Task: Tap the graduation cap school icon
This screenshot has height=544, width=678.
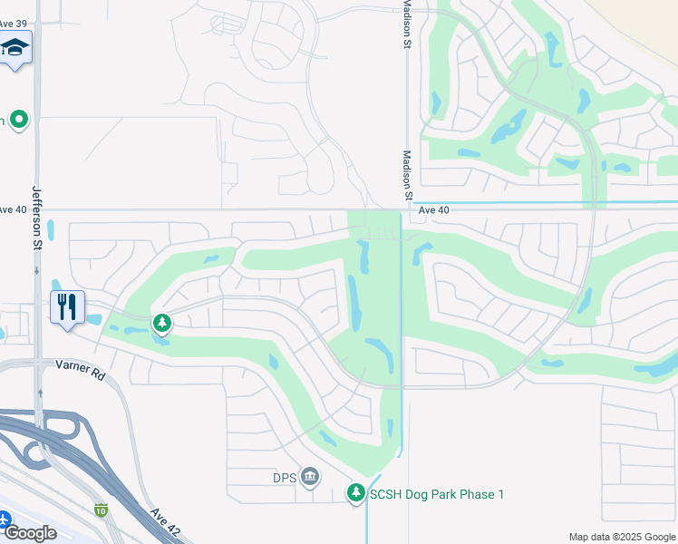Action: tap(15, 47)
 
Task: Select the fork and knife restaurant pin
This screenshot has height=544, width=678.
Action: tap(67, 306)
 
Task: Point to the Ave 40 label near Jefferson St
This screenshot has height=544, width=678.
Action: tap(13, 209)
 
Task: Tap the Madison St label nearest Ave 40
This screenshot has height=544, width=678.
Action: tap(408, 176)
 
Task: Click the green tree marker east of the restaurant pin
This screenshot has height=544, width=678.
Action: tap(161, 322)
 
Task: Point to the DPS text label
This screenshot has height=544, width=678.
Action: tap(285, 477)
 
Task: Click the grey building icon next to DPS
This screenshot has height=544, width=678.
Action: tap(310, 477)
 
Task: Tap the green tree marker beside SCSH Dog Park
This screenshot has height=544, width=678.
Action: tap(356, 493)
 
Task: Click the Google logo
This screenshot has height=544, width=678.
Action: tap(31, 533)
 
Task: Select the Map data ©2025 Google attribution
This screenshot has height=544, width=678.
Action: tap(621, 537)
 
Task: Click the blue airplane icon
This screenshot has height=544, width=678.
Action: tap(4, 520)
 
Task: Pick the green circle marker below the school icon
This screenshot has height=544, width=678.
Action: tap(17, 120)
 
